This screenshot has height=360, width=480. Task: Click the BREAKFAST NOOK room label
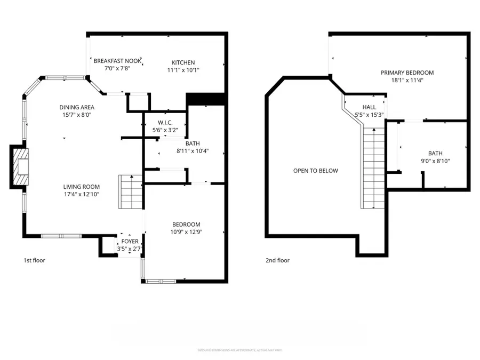(118, 61)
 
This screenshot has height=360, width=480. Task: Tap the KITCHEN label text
(183, 62)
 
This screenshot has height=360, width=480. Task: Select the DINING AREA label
(77, 107)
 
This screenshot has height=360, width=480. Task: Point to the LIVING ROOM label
(82, 187)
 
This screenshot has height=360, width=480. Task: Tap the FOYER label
(130, 242)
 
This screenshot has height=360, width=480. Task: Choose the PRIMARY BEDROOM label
(407, 73)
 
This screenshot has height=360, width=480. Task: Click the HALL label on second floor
(369, 107)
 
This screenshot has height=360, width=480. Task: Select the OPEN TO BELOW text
(316, 171)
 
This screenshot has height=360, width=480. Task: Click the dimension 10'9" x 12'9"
(186, 232)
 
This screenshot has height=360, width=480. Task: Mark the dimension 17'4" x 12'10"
(82, 194)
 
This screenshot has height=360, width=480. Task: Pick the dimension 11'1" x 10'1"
(183, 70)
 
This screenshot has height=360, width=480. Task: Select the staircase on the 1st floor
(130, 192)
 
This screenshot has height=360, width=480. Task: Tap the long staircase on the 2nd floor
(373, 168)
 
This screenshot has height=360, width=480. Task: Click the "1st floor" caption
(34, 261)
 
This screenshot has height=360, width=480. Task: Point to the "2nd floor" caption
(277, 261)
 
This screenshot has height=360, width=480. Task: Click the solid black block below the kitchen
(205, 99)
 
